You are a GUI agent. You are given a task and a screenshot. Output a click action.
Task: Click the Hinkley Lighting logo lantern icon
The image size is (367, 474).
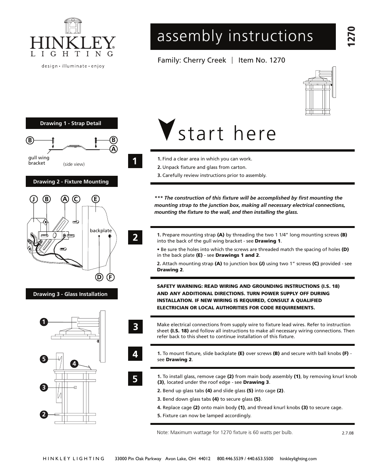tap(73, 25)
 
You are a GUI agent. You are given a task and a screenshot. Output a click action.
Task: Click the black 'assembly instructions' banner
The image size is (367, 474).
tap(243, 36)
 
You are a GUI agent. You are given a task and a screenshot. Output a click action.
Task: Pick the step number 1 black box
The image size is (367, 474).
tap(135, 161)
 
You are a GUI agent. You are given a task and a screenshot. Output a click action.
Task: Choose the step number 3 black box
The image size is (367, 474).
tap(135, 327)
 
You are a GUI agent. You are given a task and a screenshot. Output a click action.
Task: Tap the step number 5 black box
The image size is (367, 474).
tap(135, 379)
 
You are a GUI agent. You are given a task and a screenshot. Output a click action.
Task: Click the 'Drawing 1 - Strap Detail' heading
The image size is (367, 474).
tap(72, 123)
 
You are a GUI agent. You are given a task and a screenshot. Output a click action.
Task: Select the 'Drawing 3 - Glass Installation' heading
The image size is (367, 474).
tap(72, 294)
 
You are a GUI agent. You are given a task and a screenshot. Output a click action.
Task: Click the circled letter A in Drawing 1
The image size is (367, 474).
tap(113, 149)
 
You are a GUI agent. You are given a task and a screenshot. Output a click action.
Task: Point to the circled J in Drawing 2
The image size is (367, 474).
tap(34, 199)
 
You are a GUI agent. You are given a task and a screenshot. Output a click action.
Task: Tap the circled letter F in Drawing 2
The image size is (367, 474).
tap(110, 277)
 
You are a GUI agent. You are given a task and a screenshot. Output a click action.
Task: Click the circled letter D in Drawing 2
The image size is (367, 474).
tap(99, 277)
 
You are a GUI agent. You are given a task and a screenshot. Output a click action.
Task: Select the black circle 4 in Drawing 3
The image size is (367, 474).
tap(74, 363)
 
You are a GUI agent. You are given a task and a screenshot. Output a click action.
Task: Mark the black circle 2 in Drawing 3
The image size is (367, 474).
tap(44, 415)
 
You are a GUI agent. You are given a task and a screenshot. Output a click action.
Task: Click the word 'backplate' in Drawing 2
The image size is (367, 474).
tap(101, 231)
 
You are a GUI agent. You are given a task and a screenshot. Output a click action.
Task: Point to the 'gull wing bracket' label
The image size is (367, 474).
tap(38, 160)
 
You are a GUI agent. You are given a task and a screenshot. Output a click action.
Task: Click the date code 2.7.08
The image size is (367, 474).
tap(347, 433)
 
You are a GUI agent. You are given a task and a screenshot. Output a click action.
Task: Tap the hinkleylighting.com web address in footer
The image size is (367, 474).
tap(298, 459)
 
